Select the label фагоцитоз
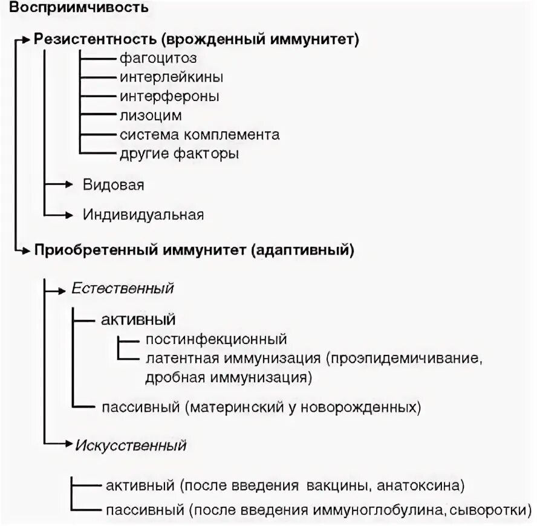point(158,59)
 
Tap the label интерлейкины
point(171,77)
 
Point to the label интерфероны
point(169,96)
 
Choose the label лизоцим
point(151,115)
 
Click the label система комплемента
point(200,134)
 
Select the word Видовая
point(114,184)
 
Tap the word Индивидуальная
point(143,214)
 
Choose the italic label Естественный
point(123,288)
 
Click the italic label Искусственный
point(131,446)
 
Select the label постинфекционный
point(216,339)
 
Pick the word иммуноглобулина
point(367,509)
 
